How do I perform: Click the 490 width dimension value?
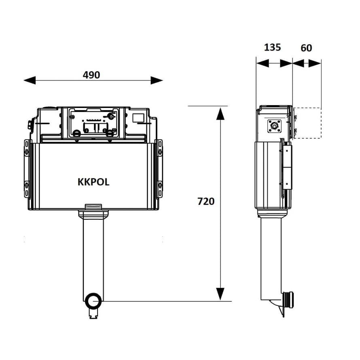click(x=91, y=75)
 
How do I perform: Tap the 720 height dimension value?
click(x=206, y=201)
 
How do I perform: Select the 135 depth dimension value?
click(x=272, y=47)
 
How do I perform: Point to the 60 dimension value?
click(x=306, y=48)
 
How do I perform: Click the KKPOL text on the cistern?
click(x=93, y=182)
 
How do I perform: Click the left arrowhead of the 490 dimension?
click(x=30, y=80)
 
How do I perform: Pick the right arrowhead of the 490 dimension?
click(x=157, y=80)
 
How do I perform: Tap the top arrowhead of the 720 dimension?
click(x=220, y=114)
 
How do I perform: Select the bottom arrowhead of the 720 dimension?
click(x=220, y=294)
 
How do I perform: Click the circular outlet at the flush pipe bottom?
click(x=93, y=301)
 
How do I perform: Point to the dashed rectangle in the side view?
click(x=307, y=123)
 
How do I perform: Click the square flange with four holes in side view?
click(x=274, y=126)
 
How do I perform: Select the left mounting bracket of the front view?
click(x=27, y=169)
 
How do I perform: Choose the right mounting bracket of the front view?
click(x=160, y=169)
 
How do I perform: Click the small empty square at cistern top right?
click(x=138, y=118)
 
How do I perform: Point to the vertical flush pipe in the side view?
click(x=271, y=258)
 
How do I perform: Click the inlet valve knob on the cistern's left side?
click(x=30, y=125)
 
